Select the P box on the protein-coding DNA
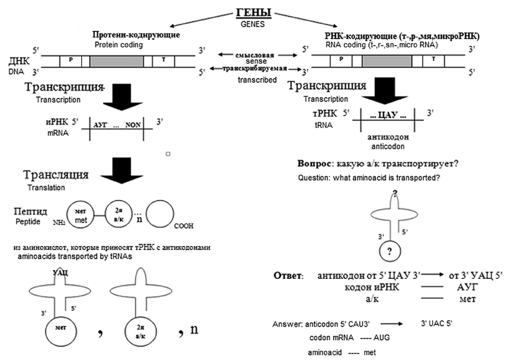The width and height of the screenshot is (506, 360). click(x=71, y=60)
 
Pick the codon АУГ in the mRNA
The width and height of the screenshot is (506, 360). click(x=100, y=126)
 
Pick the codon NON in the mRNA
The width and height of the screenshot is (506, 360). click(x=133, y=126)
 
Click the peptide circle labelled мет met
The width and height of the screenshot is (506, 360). click(x=80, y=216)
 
